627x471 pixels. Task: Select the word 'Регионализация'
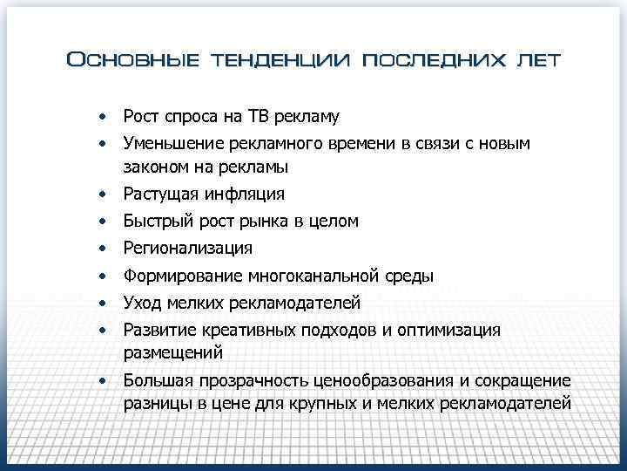[x=188, y=249]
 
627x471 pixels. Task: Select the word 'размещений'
[x=173, y=353]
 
